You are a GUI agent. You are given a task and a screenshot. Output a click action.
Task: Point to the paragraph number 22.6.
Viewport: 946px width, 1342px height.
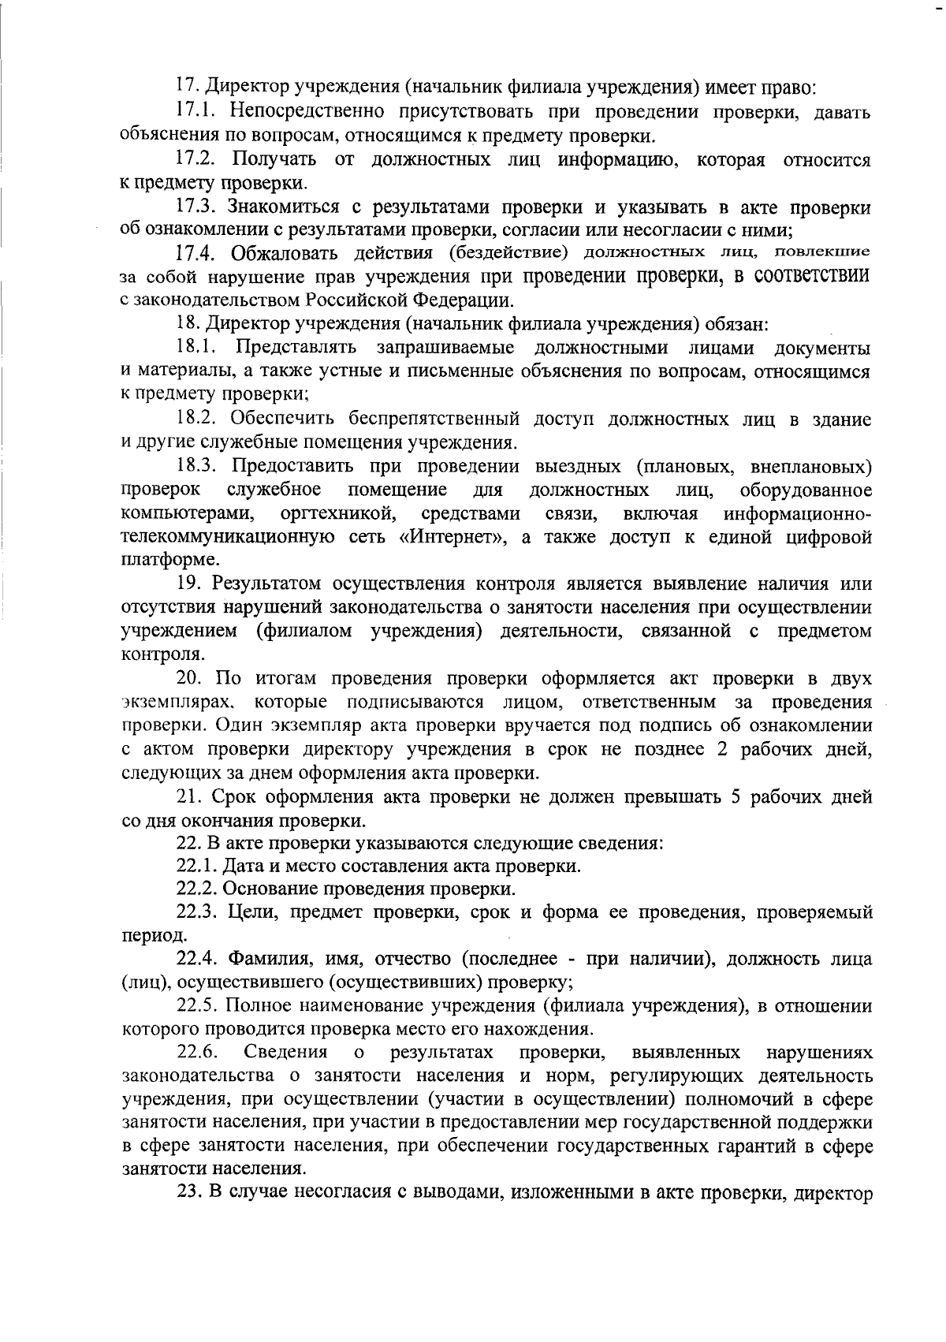tap(197, 1053)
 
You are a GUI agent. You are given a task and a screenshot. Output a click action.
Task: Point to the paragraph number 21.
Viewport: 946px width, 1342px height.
tap(187, 797)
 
